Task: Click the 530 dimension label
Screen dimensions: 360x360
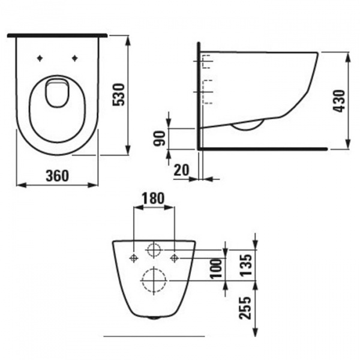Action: [119, 95]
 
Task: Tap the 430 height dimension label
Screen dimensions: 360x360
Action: [340, 101]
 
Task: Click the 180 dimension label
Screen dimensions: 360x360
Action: [154, 199]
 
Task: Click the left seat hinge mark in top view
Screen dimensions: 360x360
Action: [40, 58]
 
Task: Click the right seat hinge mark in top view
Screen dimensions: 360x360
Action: [75, 58]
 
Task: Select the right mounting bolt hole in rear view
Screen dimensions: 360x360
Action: [174, 258]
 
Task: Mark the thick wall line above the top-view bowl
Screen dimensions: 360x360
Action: [58, 36]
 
